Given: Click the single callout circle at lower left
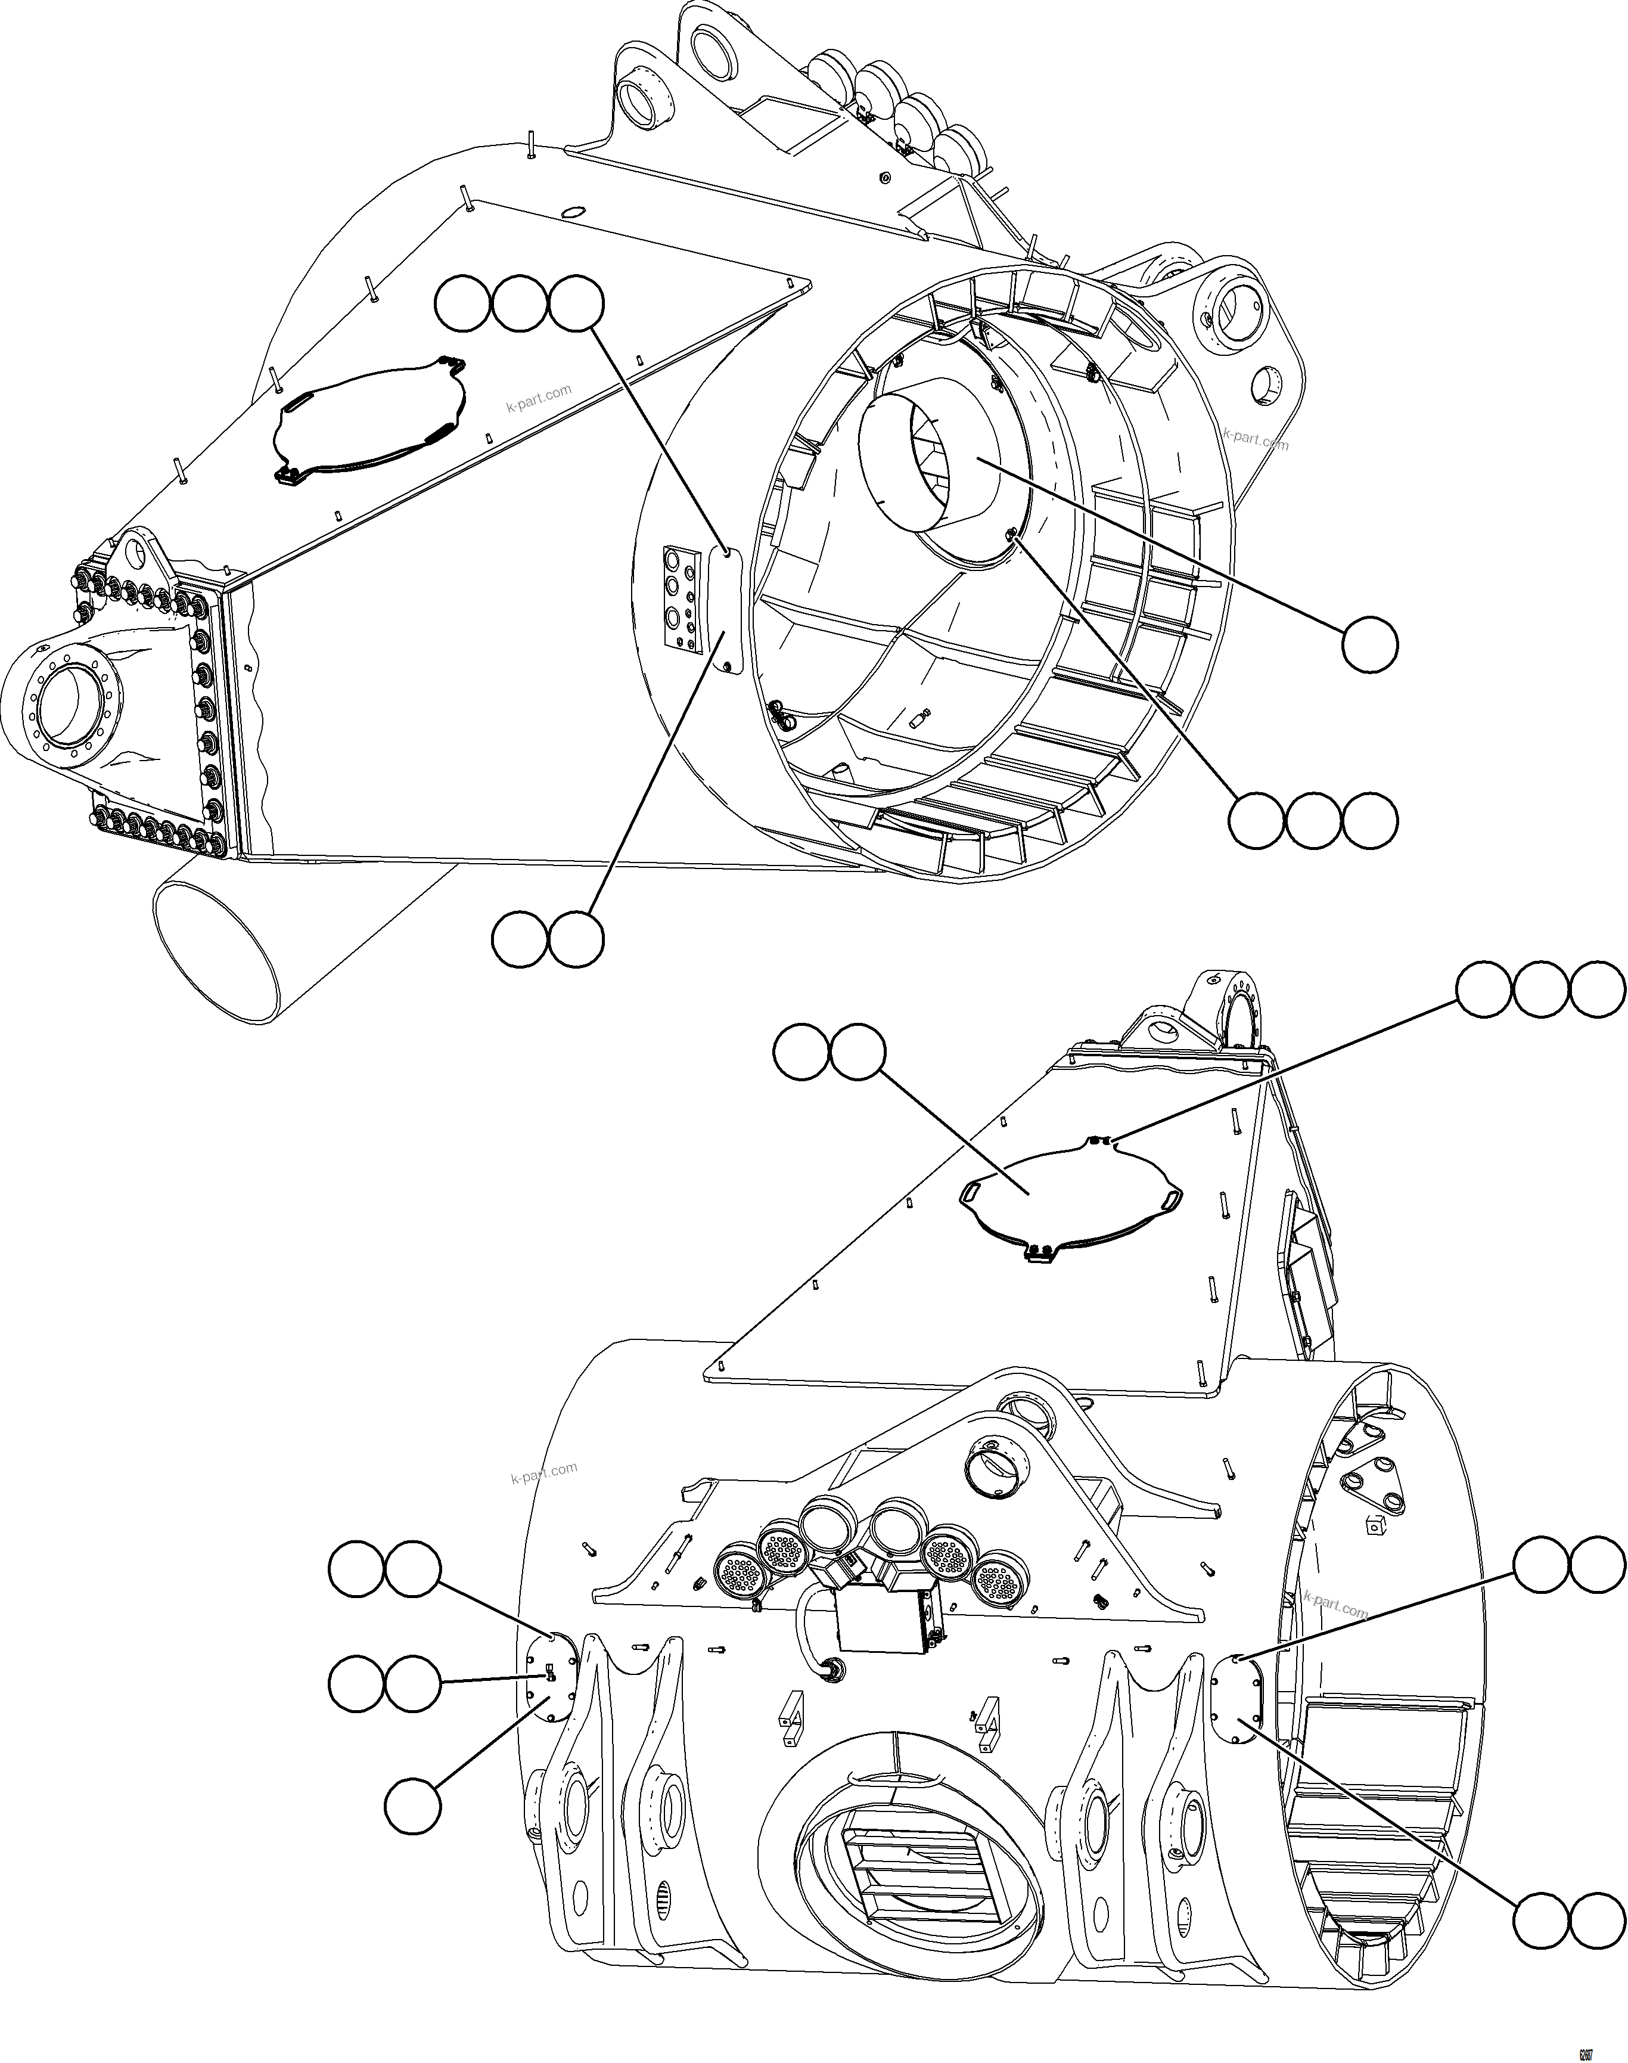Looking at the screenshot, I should [413, 1805].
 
